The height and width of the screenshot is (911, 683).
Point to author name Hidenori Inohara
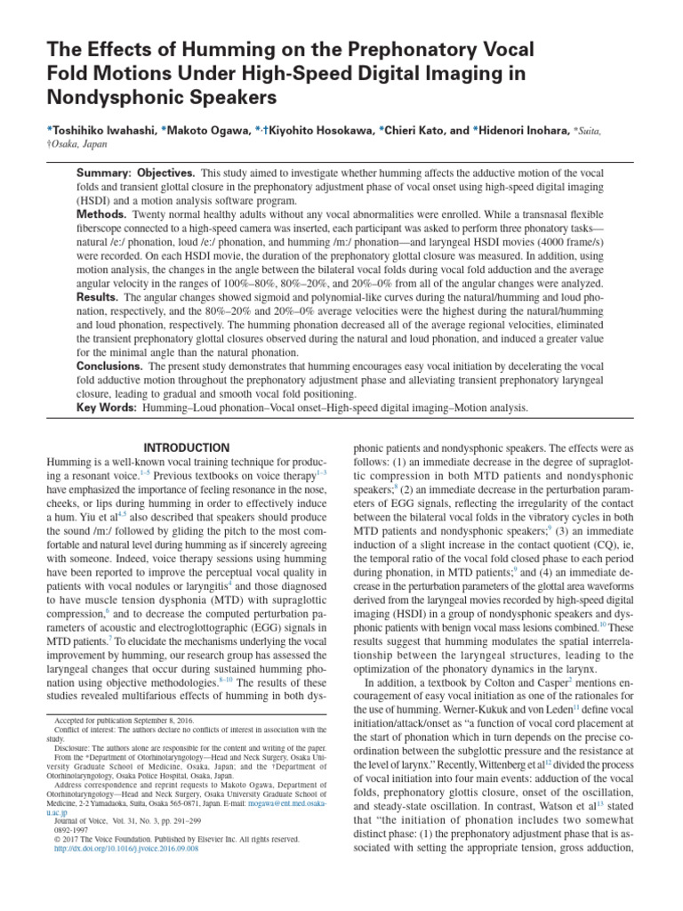(x=527, y=131)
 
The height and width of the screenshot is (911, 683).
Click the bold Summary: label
(x=105, y=172)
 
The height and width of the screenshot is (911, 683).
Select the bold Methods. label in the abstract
(x=105, y=214)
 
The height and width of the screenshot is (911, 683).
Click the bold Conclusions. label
(x=112, y=366)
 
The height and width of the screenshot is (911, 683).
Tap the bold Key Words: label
(x=108, y=407)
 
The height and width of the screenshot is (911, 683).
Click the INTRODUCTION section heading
(x=187, y=447)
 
